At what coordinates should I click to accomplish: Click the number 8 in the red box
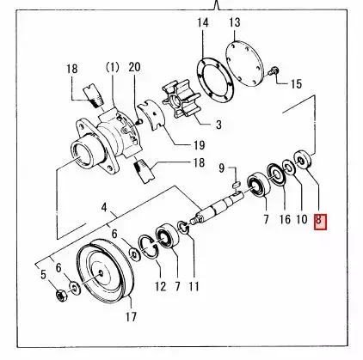point(319,221)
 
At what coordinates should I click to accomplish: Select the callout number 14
point(203,22)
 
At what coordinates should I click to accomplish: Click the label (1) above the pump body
point(111,67)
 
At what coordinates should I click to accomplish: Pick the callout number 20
point(133,67)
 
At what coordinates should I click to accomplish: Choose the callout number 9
point(221,167)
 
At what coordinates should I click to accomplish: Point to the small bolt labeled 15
point(275,75)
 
